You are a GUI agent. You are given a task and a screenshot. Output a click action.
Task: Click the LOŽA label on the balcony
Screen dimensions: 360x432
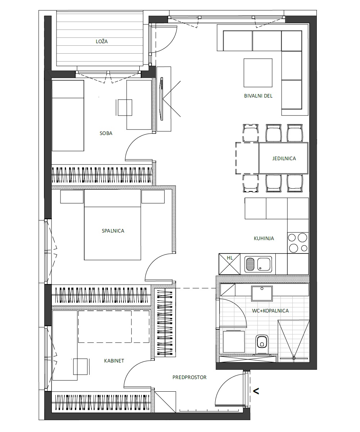click(102, 41)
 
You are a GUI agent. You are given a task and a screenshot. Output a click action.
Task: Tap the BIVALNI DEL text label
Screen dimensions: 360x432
click(258, 96)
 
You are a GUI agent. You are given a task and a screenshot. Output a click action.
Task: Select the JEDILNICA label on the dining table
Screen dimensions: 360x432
click(284, 158)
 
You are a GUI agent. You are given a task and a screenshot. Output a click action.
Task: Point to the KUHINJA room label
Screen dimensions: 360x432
click(264, 238)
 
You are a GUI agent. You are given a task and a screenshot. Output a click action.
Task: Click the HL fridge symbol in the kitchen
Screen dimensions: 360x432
click(230, 264)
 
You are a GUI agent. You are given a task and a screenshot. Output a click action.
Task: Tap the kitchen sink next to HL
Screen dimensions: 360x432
click(258, 264)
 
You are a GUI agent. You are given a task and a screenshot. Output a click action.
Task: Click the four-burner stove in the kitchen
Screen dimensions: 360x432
click(298, 243)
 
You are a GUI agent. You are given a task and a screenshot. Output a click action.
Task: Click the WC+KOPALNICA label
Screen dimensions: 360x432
click(270, 311)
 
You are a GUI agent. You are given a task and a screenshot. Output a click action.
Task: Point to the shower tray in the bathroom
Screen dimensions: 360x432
click(294, 341)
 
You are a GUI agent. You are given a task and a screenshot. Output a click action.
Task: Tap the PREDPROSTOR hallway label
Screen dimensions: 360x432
click(189, 377)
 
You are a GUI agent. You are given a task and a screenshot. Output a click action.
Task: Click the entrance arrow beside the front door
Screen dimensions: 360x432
click(256, 391)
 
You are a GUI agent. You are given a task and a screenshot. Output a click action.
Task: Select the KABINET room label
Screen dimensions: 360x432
click(114, 361)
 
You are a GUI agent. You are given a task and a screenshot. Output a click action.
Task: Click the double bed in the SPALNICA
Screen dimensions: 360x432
click(112, 225)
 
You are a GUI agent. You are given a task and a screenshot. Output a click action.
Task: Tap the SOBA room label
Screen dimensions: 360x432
click(106, 133)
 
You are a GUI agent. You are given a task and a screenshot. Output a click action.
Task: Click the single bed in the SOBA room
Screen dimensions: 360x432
click(68, 116)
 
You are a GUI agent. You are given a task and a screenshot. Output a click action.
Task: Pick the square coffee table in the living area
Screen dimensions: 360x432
click(258, 73)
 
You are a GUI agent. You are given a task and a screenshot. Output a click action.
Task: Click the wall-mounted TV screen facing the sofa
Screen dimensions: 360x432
click(162, 99)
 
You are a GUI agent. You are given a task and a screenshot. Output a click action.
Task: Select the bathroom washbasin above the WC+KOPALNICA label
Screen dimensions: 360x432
click(262, 293)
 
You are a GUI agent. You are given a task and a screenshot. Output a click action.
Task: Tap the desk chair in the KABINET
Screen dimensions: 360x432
click(81, 366)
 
